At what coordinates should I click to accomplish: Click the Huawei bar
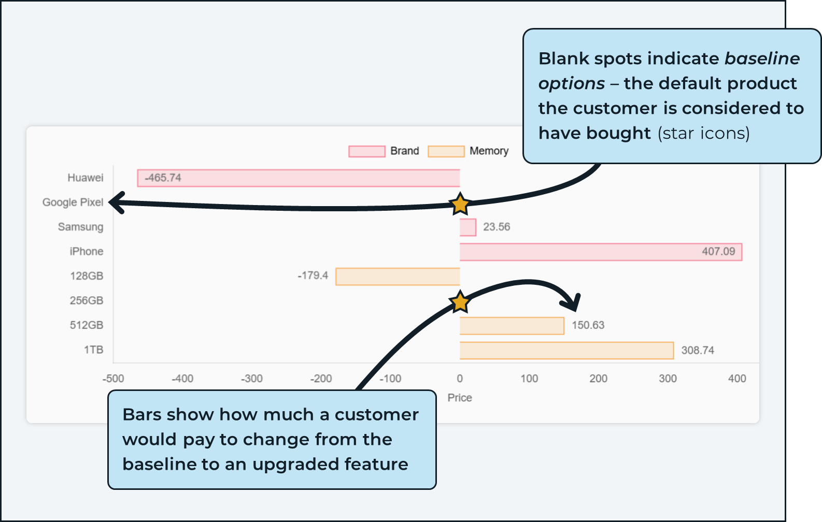pyautogui.click(x=299, y=178)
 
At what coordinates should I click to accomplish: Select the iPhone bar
pyautogui.click(x=601, y=252)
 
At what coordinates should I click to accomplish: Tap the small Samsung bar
pyautogui.click(x=467, y=227)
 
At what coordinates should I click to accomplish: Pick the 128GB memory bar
pyautogui.click(x=398, y=277)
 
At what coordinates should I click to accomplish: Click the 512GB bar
pyautogui.click(x=512, y=326)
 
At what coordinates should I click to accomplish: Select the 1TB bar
pyautogui.click(x=566, y=351)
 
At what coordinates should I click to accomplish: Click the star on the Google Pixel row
pyautogui.click(x=460, y=204)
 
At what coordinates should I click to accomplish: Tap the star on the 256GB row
pyautogui.click(x=460, y=301)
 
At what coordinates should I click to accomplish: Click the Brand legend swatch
pyautogui.click(x=367, y=151)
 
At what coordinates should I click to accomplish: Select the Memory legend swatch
pyautogui.click(x=446, y=151)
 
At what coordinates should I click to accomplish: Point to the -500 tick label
pyautogui.click(x=113, y=379)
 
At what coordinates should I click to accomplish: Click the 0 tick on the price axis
pyautogui.click(x=460, y=379)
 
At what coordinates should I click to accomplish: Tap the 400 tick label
pyautogui.click(x=737, y=379)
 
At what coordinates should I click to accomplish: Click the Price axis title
pyautogui.click(x=460, y=398)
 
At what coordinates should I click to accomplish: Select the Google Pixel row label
pyautogui.click(x=73, y=202)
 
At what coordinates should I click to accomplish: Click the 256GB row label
pyautogui.click(x=87, y=301)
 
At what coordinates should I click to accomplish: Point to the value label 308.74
pyautogui.click(x=698, y=351)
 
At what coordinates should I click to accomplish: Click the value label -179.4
pyautogui.click(x=313, y=275)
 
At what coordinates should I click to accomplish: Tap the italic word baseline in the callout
pyautogui.click(x=762, y=59)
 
